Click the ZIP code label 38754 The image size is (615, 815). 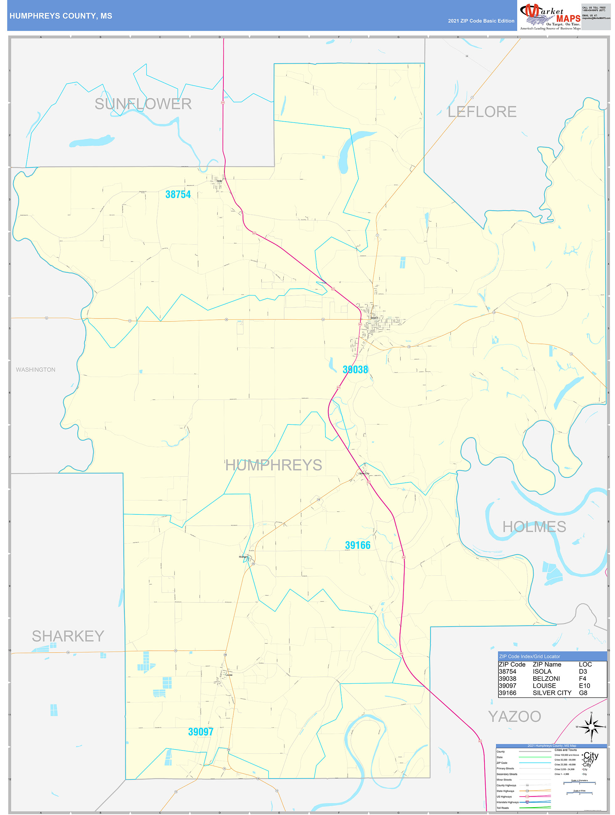pyautogui.click(x=178, y=195)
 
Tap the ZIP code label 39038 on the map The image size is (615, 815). pyautogui.click(x=355, y=370)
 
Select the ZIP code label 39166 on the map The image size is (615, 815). pyautogui.click(x=357, y=545)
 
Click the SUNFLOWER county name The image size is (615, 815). pyautogui.click(x=143, y=104)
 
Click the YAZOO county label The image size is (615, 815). pyautogui.click(x=514, y=717)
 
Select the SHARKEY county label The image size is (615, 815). pyautogui.click(x=68, y=636)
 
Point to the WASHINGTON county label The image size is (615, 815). pyautogui.click(x=35, y=370)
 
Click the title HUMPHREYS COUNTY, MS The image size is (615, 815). pyautogui.click(x=61, y=16)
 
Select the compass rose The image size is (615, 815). pyautogui.click(x=592, y=727)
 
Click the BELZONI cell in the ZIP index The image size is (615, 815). pyautogui.click(x=546, y=679)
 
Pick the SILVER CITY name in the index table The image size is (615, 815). pyautogui.click(x=552, y=693)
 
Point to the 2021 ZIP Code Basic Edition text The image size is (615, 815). pyautogui.click(x=481, y=21)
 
